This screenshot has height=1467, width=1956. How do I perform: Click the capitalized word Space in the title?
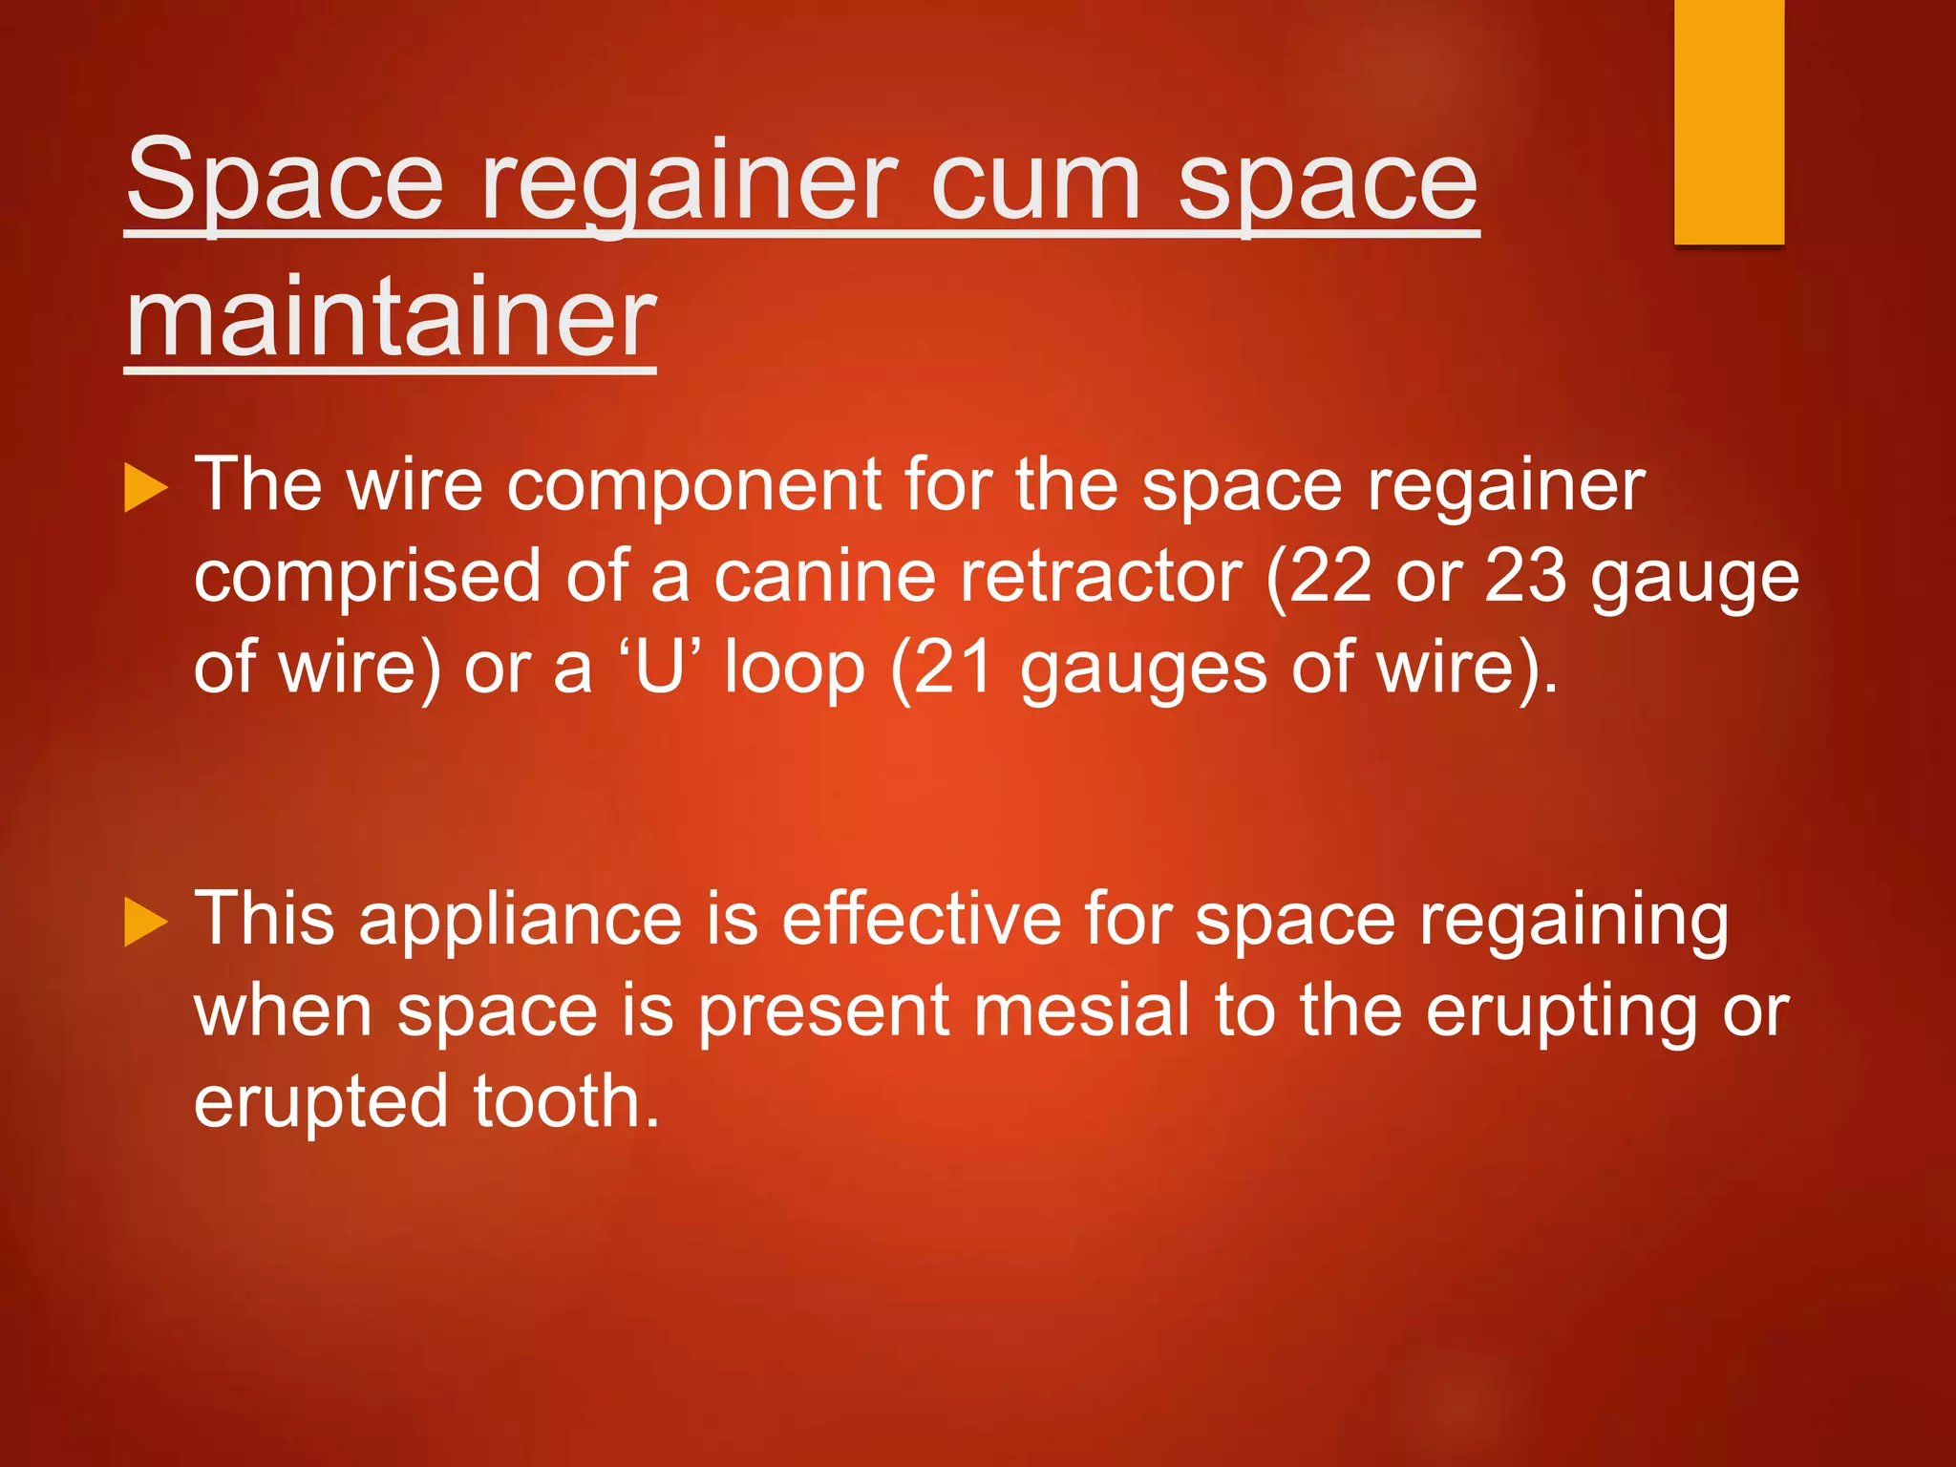pyautogui.click(x=286, y=181)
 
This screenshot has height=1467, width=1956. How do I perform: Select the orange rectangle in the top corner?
pyautogui.click(x=1729, y=121)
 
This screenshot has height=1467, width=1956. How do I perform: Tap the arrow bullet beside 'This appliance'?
pyautogui.click(x=146, y=922)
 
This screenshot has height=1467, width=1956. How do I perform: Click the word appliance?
pyautogui.click(x=521, y=919)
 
